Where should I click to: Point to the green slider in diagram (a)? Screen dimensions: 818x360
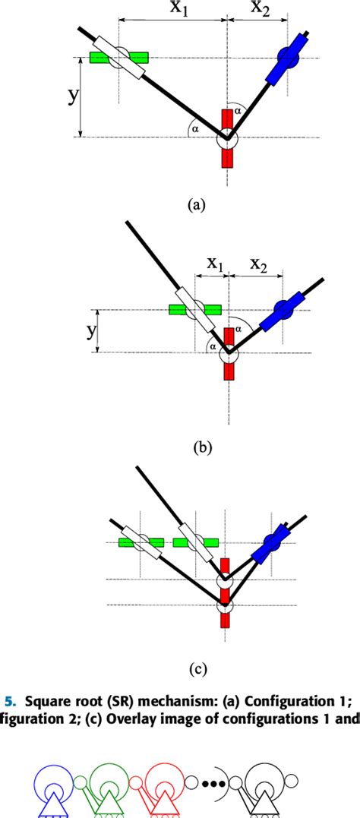click(x=118, y=58)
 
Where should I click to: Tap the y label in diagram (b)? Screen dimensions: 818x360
click(x=91, y=330)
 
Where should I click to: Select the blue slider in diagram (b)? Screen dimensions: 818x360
click(x=283, y=310)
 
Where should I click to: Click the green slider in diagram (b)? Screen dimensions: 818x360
click(x=194, y=309)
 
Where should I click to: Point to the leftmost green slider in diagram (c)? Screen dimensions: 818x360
click(x=141, y=542)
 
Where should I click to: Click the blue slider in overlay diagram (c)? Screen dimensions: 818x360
click(x=272, y=542)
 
